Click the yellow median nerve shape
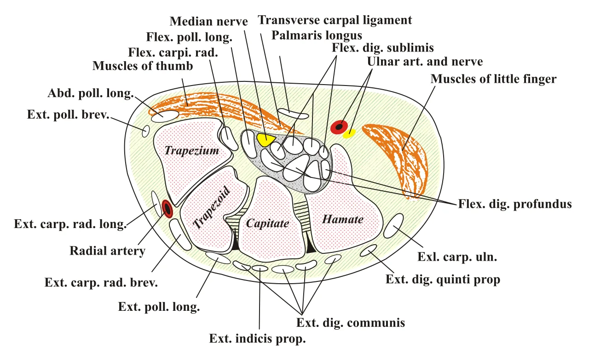pyautogui.click(x=266, y=139)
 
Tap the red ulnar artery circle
pyautogui.click(x=339, y=127)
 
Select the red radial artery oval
pyautogui.click(x=167, y=209)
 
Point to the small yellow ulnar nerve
pyautogui.click(x=349, y=133)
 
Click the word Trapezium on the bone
pyautogui.click(x=192, y=150)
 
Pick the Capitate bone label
pyautogui.click(x=267, y=223)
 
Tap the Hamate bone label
pyautogui.click(x=343, y=219)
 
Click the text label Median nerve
pyautogui.click(x=208, y=22)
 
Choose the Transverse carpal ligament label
pyautogui.click(x=335, y=20)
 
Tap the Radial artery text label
pyautogui.click(x=107, y=251)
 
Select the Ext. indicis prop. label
pyautogui.click(x=257, y=339)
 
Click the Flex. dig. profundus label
pyautogui.click(x=515, y=204)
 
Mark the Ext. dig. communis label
pyautogui.click(x=351, y=323)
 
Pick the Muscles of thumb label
pyautogui.click(x=143, y=66)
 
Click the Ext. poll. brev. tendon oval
pyautogui.click(x=146, y=131)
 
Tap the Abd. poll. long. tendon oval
pyautogui.click(x=165, y=116)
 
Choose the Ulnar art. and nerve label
pyautogui.click(x=425, y=62)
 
